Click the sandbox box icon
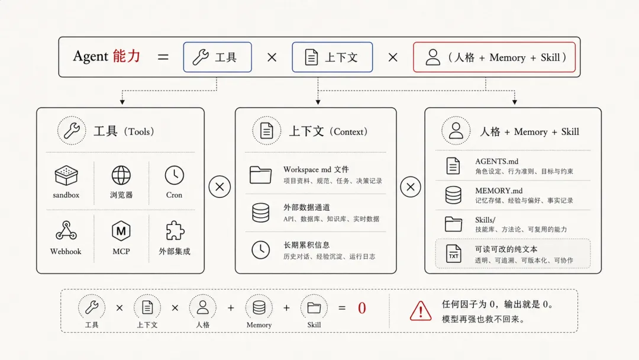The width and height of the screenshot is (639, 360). pyautogui.click(x=66, y=175)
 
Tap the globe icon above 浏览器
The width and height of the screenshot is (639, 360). pyautogui.click(x=121, y=175)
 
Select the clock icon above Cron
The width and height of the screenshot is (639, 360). pyautogui.click(x=174, y=175)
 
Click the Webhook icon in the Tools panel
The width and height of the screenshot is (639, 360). pyautogui.click(x=66, y=230)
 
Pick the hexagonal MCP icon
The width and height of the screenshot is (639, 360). pyautogui.click(x=121, y=231)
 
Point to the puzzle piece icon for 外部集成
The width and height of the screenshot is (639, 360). pyautogui.click(x=175, y=230)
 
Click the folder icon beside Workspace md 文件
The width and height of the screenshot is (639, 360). pyautogui.click(x=260, y=175)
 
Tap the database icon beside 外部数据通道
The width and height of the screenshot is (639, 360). pyautogui.click(x=260, y=213)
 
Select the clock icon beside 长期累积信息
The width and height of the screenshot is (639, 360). pyautogui.click(x=260, y=250)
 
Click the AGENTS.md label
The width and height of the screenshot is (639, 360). pyautogui.click(x=496, y=162)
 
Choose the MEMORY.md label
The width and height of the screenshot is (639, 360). pyautogui.click(x=498, y=191)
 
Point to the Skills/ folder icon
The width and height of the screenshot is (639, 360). pyautogui.click(x=453, y=224)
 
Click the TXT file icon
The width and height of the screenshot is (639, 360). pyautogui.click(x=453, y=253)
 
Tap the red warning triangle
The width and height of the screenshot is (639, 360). pyautogui.click(x=421, y=311)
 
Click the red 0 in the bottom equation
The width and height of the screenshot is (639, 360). pyautogui.click(x=362, y=308)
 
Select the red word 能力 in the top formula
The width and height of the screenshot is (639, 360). pyautogui.click(x=127, y=56)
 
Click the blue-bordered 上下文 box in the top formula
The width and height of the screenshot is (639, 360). pyautogui.click(x=332, y=57)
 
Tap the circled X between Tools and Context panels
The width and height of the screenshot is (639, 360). pyautogui.click(x=220, y=187)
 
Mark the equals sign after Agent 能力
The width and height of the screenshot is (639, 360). pyautogui.click(x=163, y=57)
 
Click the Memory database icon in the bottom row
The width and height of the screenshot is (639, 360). pyautogui.click(x=259, y=308)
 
